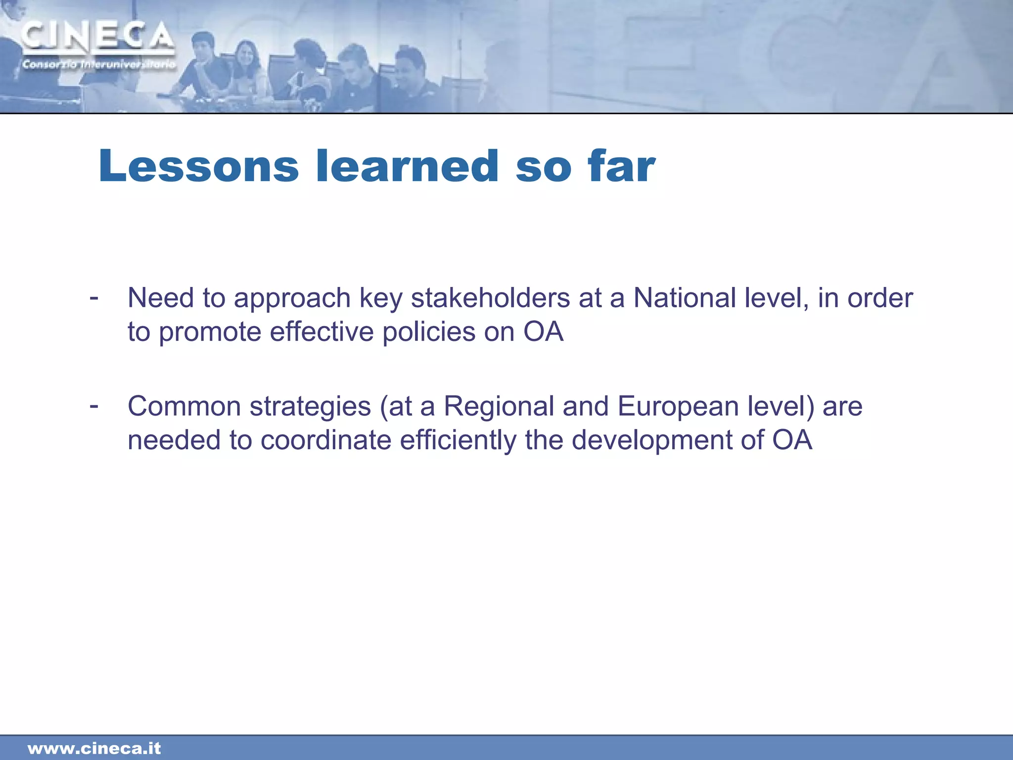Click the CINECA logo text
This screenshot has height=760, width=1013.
coord(97,37)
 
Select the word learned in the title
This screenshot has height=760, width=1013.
coord(407,166)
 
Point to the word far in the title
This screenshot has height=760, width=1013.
coord(621,166)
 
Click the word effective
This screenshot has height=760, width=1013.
coord(322,332)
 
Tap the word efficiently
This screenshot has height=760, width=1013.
coord(458,440)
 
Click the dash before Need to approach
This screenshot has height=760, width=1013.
coord(93,298)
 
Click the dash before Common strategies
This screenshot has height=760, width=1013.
coord(93,406)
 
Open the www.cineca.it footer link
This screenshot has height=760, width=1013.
coord(94,748)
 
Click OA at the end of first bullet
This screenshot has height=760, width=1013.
coord(543,332)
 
